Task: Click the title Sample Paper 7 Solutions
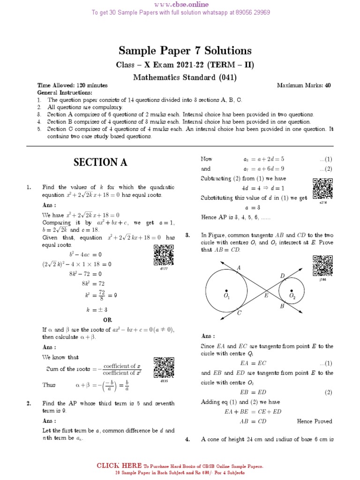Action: point(185,51)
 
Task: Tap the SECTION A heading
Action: point(100,163)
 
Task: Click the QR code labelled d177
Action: point(164,255)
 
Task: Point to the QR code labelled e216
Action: point(322,188)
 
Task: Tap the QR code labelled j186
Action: point(322,266)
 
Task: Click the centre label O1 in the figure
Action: point(226,297)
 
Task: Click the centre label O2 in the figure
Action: point(292,297)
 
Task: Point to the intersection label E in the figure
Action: point(266,295)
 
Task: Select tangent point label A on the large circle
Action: point(239,267)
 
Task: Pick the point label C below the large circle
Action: point(239,313)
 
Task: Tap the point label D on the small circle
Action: point(282,276)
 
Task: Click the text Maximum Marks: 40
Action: point(304,86)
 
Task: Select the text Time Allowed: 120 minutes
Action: point(73,86)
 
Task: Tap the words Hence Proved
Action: point(315,421)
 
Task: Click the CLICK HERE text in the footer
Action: point(119,465)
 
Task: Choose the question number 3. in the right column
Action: point(187,235)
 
